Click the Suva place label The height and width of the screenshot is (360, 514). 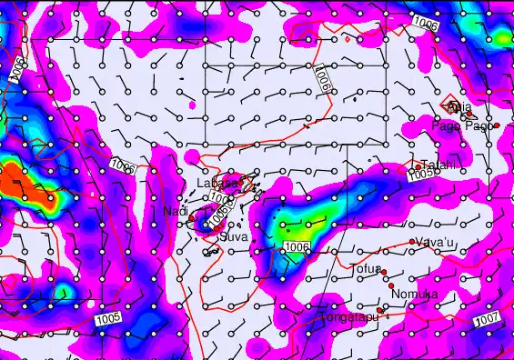coord(234,236)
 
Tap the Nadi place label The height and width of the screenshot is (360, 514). coord(175,211)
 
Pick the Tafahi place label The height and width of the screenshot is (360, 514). coord(438,165)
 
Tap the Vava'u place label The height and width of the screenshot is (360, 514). coord(434,242)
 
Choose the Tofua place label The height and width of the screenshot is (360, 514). coord(365,268)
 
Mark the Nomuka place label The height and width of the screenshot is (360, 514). coord(414,295)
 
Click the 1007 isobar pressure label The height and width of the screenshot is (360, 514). coord(487,319)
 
